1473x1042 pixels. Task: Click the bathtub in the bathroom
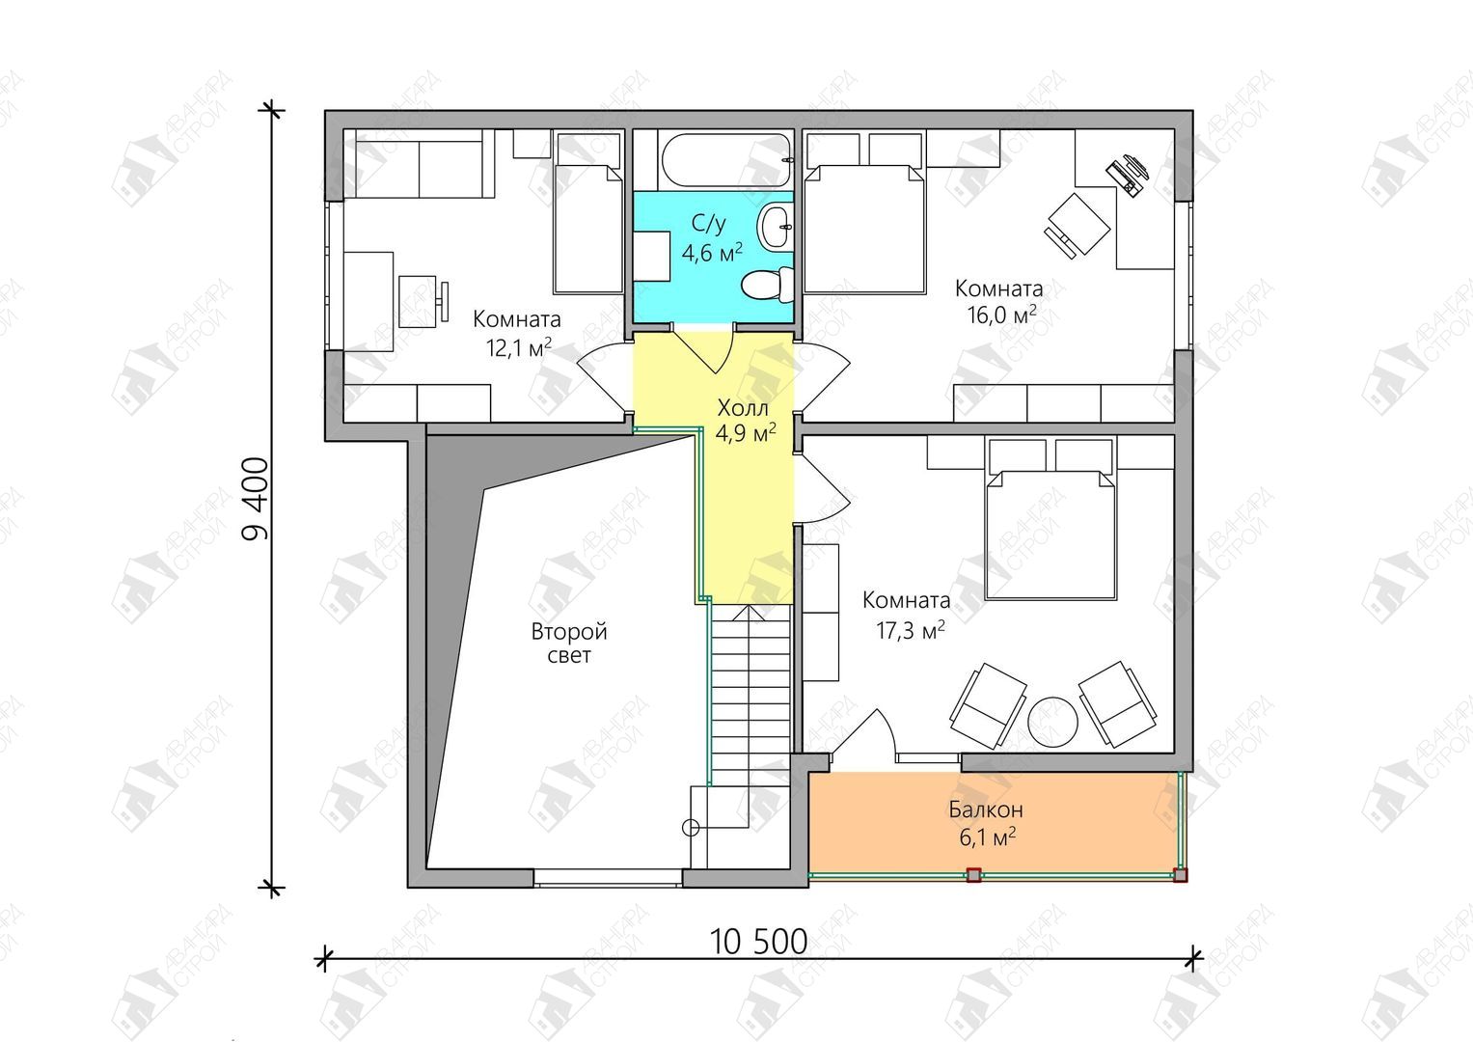[x=727, y=161]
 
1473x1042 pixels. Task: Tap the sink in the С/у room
[x=777, y=227]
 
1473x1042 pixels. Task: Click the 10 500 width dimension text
[x=759, y=942]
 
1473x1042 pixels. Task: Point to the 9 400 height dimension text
[x=256, y=499]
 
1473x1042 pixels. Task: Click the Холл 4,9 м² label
[x=746, y=420]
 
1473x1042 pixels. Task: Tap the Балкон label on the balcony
[x=985, y=809]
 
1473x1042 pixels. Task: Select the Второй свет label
[x=569, y=644]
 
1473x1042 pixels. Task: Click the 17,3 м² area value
[x=910, y=631]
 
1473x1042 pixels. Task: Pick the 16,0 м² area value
[x=1001, y=315]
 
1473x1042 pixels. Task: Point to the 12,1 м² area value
[x=518, y=346]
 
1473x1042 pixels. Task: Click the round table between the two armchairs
[x=1052, y=722]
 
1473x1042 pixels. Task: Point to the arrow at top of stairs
[x=749, y=613]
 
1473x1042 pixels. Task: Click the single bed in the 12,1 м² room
[x=587, y=212]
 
